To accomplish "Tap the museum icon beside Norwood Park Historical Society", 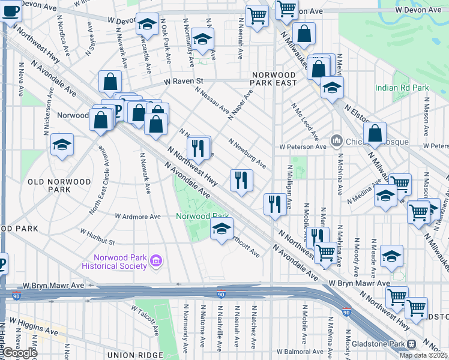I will tap(157, 260).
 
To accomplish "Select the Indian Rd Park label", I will tap(402, 88).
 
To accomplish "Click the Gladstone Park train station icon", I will tap(411, 344).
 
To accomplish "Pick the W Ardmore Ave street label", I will tap(138, 216).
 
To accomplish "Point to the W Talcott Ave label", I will tap(145, 319).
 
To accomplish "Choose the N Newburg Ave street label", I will tap(247, 153).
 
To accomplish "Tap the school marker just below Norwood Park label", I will tap(221, 229).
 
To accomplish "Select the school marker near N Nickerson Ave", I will tap(62, 145).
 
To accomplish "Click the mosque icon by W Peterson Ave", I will tap(336, 142).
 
